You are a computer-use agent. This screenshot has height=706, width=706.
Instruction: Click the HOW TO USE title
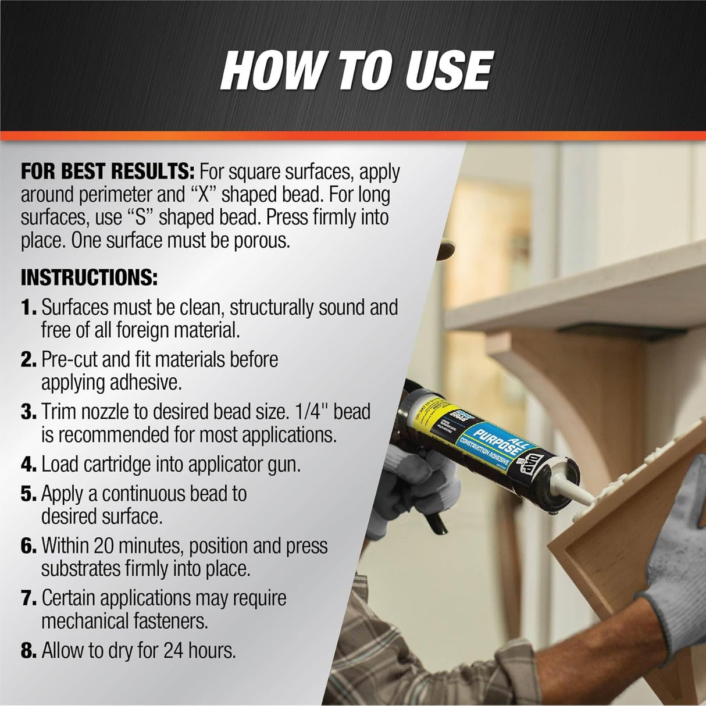[x=356, y=70]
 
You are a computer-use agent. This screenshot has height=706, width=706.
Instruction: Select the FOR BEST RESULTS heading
[x=108, y=172]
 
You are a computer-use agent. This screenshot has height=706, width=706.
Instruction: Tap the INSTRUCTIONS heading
[x=89, y=277]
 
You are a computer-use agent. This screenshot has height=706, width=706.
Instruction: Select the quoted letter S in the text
[x=138, y=217]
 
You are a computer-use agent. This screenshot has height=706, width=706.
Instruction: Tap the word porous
[x=261, y=240]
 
